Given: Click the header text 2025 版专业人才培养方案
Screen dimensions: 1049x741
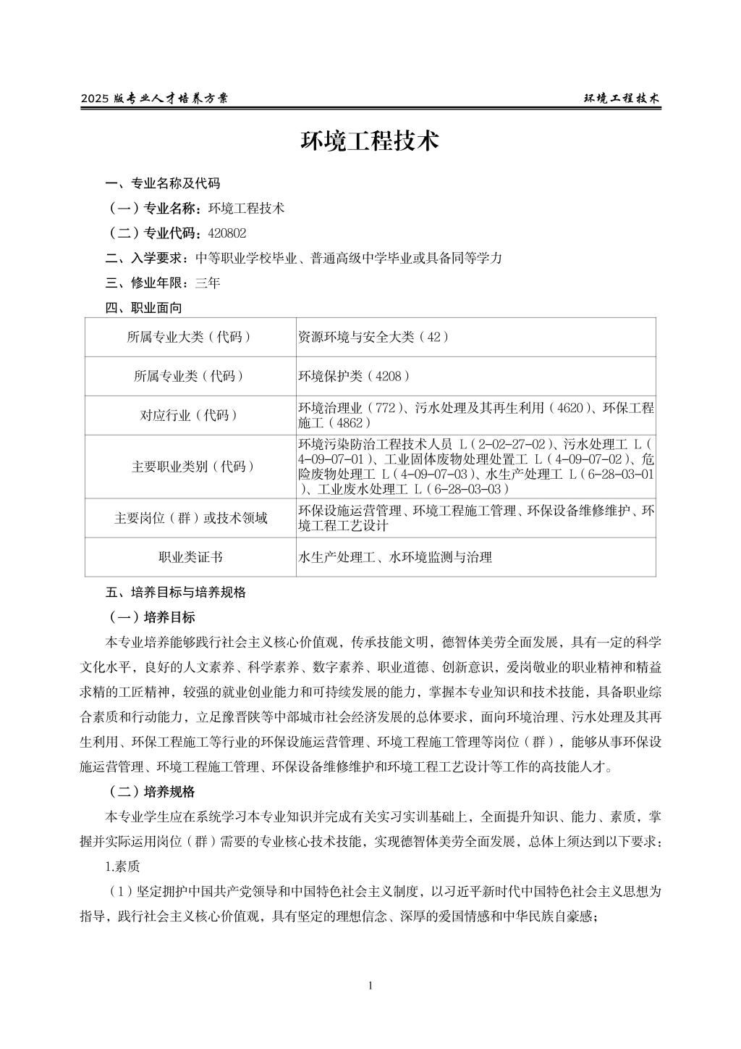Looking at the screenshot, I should click(154, 99).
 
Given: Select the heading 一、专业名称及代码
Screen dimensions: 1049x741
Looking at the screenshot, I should click(163, 183).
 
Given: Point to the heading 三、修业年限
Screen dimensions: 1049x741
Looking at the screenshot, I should click(138, 283).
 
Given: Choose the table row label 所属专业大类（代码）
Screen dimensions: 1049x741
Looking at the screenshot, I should click(190, 338).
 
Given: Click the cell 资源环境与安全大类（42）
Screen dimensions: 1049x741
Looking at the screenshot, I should click(373, 338).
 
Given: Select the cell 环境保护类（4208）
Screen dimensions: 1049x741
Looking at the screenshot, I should click(355, 377).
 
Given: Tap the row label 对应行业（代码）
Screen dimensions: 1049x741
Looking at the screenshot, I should click(190, 416).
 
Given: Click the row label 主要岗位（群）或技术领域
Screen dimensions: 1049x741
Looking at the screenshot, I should click(190, 519).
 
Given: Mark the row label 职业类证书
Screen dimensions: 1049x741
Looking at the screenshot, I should click(190, 558).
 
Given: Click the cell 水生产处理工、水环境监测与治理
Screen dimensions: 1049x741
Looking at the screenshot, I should click(395, 558).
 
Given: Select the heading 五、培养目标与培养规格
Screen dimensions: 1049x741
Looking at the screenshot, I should click(175, 593).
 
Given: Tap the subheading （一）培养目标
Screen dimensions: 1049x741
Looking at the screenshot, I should click(151, 618).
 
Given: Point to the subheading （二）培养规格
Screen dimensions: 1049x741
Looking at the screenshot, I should click(151, 792).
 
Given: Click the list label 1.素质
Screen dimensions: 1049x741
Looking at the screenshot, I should click(122, 867).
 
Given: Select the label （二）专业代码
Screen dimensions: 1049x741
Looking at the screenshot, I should click(151, 233).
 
